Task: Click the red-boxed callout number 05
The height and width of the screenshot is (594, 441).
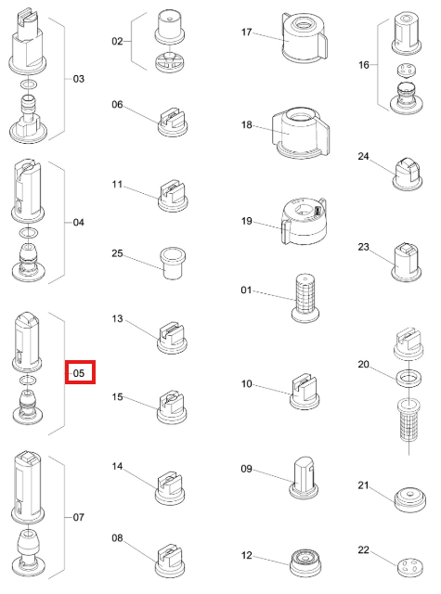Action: [x=79, y=373]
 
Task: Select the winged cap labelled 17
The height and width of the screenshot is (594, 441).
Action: [x=304, y=37]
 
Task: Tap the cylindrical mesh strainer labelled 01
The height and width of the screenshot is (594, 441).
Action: [x=305, y=299]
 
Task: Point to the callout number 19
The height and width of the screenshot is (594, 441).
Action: [x=246, y=221]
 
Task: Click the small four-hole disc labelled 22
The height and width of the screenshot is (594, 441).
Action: [x=410, y=566]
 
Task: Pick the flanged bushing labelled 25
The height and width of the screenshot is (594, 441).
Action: [x=173, y=264]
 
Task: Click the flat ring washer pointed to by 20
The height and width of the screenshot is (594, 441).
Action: [x=409, y=378]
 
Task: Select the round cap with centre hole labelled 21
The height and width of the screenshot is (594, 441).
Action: [x=409, y=499]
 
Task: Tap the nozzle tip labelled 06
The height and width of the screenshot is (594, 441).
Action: [x=173, y=122]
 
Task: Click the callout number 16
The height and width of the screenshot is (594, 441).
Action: [x=363, y=65]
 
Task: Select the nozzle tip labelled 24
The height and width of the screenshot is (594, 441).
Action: [x=408, y=174]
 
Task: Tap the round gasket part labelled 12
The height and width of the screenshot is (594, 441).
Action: [x=305, y=563]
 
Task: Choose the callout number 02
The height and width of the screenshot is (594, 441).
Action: [x=117, y=41]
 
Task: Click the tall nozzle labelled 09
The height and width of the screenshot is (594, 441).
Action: [x=304, y=477]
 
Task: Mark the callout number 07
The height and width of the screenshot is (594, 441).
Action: [x=78, y=517]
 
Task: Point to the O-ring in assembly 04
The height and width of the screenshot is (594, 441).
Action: [x=28, y=232]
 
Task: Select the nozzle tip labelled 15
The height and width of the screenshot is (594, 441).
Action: [x=172, y=408]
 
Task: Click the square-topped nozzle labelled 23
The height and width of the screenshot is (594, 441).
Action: [x=406, y=263]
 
